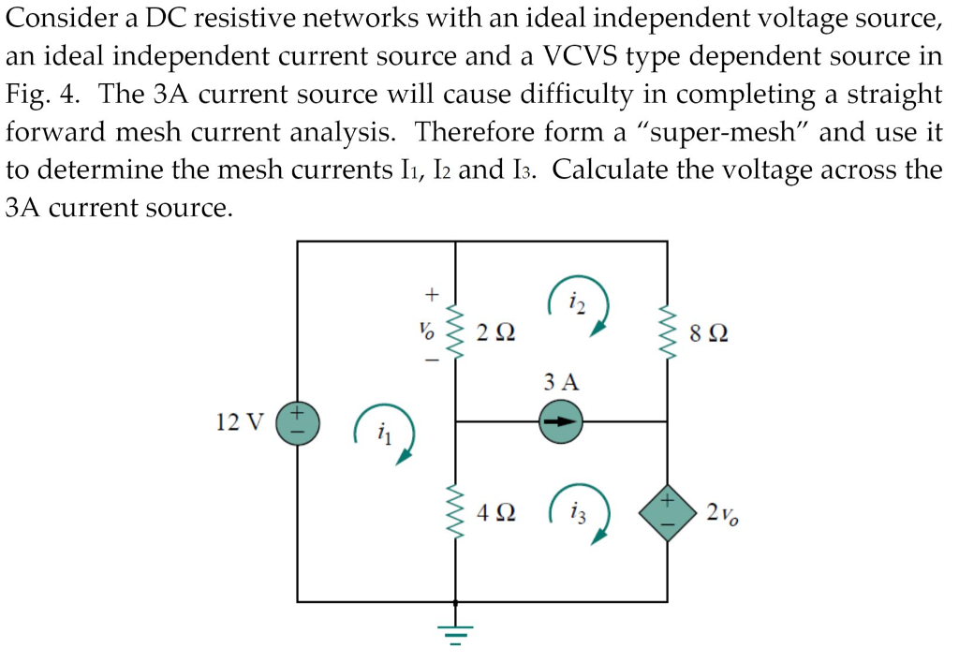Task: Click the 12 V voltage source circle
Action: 297,422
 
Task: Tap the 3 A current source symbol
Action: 560,421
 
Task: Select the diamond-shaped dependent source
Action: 666,512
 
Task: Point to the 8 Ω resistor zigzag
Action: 666,331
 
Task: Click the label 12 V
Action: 240,421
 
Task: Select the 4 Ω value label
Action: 495,513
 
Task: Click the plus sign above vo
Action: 432,294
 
